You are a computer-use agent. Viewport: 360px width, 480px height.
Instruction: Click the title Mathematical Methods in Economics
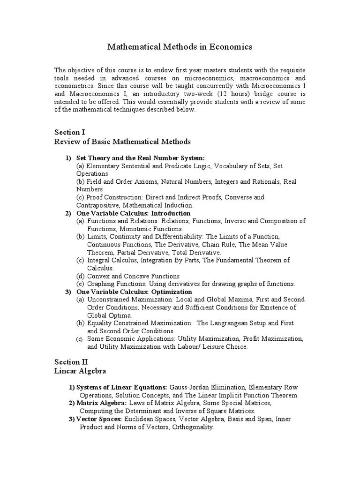tap(180, 46)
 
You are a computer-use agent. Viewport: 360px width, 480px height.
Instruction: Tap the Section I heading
tap(70, 133)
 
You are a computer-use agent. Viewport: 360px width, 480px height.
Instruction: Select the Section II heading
tap(71, 362)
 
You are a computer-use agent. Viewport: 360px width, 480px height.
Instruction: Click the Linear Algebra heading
tap(80, 371)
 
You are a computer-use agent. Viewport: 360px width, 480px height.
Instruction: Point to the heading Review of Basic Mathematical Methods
tap(122, 142)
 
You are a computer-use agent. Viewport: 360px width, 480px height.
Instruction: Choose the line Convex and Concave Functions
tap(134, 276)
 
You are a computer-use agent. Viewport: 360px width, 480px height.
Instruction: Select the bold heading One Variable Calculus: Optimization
tap(125, 292)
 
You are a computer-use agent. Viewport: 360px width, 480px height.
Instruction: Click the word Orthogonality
tap(193, 427)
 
